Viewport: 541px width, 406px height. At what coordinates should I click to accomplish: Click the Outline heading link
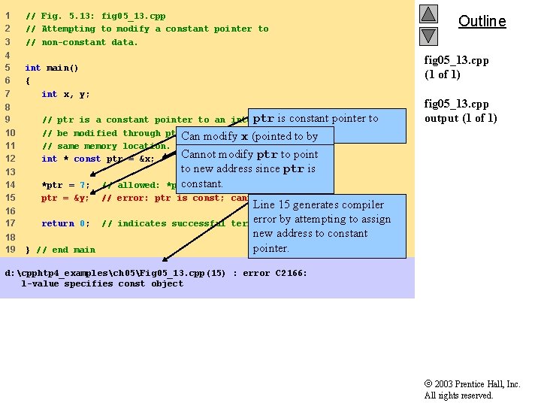(482, 21)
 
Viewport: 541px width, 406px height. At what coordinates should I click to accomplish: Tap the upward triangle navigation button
(428, 14)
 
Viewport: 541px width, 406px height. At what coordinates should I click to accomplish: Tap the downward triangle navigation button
(428, 35)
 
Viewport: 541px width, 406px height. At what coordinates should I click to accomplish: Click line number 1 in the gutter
(8, 16)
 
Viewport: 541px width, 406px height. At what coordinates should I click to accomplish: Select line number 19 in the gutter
(10, 250)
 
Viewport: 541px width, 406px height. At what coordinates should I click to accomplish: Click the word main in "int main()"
(57, 68)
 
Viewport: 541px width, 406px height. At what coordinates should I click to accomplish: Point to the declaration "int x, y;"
(65, 94)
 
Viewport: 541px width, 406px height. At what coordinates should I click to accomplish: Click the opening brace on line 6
(28, 80)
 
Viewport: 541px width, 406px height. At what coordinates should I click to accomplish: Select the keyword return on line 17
(58, 223)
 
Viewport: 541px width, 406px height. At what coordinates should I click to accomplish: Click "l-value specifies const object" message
(102, 283)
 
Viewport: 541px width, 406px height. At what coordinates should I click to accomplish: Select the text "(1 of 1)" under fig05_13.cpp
(442, 74)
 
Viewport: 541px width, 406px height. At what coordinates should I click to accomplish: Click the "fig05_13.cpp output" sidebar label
(461, 111)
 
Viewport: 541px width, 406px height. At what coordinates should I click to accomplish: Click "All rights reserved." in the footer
(458, 395)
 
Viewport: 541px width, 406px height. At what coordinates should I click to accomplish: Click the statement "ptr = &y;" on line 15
(65, 198)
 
